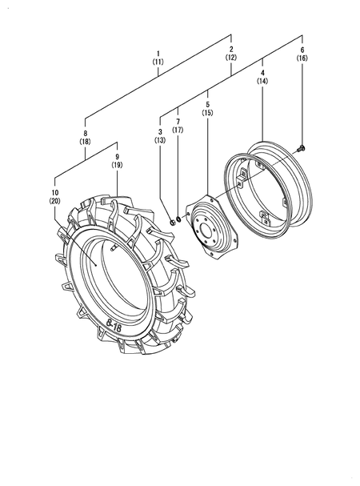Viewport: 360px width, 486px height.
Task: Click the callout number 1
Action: (x=158, y=54)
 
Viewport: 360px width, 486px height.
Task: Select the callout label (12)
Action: (x=231, y=58)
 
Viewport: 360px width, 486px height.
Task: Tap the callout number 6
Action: (x=302, y=50)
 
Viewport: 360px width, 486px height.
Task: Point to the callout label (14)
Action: (x=262, y=81)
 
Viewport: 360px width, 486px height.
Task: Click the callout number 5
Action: (x=207, y=104)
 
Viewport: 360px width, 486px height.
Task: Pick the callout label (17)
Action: (x=178, y=130)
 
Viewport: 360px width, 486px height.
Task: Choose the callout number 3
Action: (x=160, y=132)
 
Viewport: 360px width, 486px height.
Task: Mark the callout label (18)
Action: (x=85, y=142)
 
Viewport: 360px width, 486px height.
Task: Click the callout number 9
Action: (x=117, y=157)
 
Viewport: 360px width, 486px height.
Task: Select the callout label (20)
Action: (x=55, y=201)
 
